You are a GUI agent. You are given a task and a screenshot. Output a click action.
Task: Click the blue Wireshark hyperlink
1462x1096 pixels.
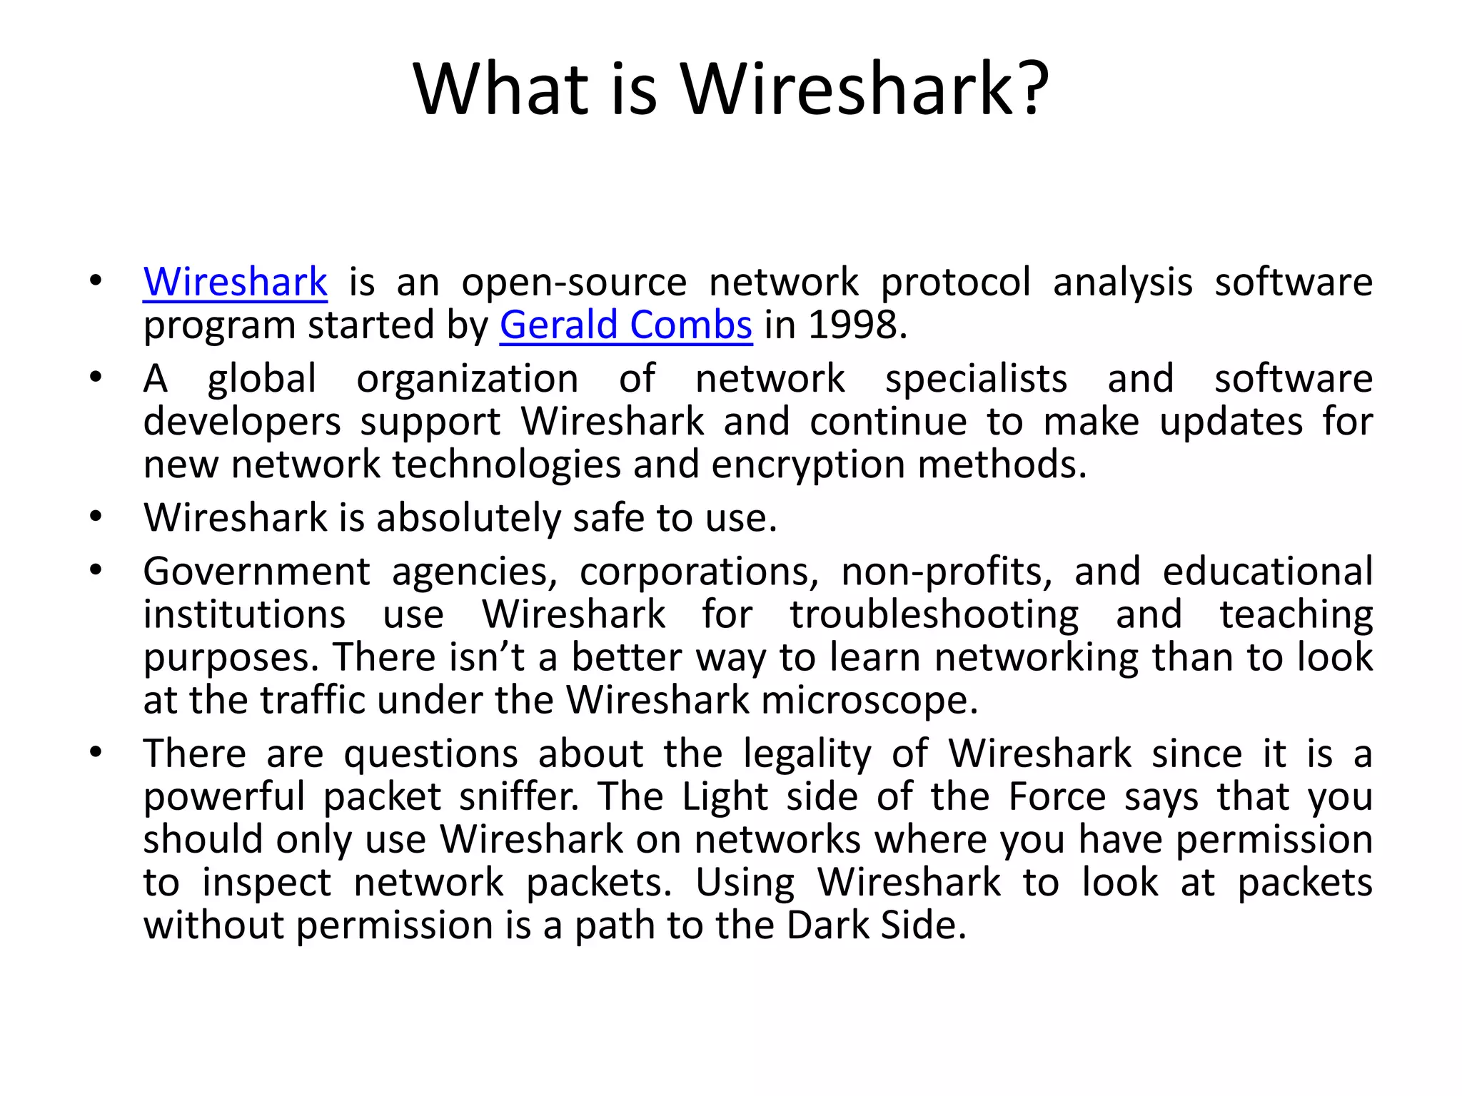pyautogui.click(x=235, y=282)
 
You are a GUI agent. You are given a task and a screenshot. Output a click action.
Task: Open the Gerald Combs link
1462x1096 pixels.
pyautogui.click(x=625, y=325)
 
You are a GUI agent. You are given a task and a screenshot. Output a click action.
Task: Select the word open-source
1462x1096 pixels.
pyautogui.click(x=574, y=283)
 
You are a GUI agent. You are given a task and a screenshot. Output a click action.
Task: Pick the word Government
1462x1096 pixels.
pyautogui.click(x=257, y=572)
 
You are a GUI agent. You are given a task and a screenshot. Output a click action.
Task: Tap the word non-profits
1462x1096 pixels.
pyautogui.click(x=947, y=572)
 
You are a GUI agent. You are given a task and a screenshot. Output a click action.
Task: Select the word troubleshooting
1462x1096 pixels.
pyautogui.click(x=934, y=615)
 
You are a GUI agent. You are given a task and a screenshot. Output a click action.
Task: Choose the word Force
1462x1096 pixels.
pyautogui.click(x=1057, y=797)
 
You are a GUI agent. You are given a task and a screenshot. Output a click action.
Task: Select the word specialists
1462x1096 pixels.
pyautogui.click(x=976, y=379)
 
